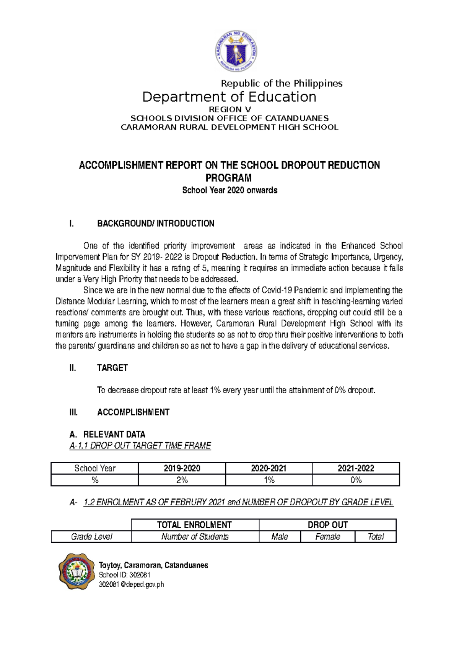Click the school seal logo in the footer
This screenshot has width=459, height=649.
pyautogui.click(x=76, y=571)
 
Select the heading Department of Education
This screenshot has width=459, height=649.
pyautogui.click(x=229, y=97)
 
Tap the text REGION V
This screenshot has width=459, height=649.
pyautogui.click(x=229, y=109)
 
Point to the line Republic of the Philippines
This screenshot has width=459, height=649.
pyautogui.click(x=282, y=83)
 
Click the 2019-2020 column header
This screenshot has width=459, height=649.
pyautogui.click(x=182, y=468)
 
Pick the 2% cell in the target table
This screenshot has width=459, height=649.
pyautogui.click(x=182, y=480)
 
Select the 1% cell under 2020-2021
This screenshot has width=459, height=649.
pyautogui.click(x=269, y=480)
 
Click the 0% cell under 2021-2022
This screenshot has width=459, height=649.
pyautogui.click(x=356, y=480)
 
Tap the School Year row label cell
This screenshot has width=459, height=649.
pyautogui.click(x=94, y=468)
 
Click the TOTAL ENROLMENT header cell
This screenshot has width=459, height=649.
pyautogui.click(x=195, y=525)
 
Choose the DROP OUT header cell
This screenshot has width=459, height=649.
pyautogui.click(x=327, y=525)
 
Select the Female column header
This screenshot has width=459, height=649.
pyautogui.click(x=327, y=537)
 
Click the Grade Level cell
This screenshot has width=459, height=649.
pyautogui.click(x=91, y=537)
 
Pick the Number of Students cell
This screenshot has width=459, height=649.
pyautogui.click(x=195, y=537)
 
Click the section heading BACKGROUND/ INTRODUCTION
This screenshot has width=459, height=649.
pyautogui.click(x=155, y=224)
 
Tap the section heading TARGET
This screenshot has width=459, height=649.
pyautogui.click(x=112, y=368)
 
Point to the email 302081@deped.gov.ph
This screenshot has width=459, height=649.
pyautogui.click(x=131, y=584)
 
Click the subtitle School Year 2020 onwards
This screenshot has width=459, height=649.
pyautogui.click(x=229, y=190)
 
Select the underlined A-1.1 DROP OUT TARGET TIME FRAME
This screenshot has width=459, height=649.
pyautogui.click(x=140, y=446)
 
